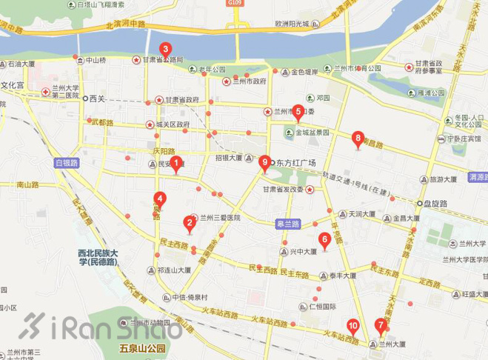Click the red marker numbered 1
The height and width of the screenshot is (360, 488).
pos(176,164)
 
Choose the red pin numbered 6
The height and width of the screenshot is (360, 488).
pos(324,239)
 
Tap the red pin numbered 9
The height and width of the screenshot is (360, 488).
pos(264,161)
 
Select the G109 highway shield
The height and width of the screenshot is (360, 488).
pos(235,4)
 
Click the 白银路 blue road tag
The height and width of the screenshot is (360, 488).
pos(66,162)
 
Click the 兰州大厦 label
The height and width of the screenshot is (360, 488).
pos(392,344)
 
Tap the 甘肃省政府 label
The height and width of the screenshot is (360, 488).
pos(182,100)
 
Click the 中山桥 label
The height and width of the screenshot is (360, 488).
pos(96,60)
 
